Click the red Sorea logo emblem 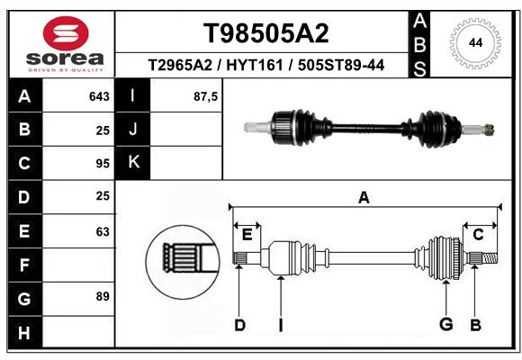(x=66, y=33)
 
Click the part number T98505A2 (x=266, y=33)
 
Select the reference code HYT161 (x=255, y=65)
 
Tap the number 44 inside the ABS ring (x=475, y=43)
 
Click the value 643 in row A (x=99, y=96)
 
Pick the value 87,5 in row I (x=205, y=96)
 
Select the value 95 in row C (x=103, y=164)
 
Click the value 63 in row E (x=103, y=231)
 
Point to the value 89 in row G (x=103, y=296)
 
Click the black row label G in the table (x=24, y=299)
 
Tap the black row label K (x=133, y=163)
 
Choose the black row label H (x=24, y=333)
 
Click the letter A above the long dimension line (x=364, y=197)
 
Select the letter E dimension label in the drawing (x=247, y=235)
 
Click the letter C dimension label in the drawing (x=478, y=235)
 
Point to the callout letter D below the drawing (x=239, y=325)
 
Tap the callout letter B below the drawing (x=476, y=325)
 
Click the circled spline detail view (x=183, y=262)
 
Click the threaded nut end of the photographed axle (x=489, y=130)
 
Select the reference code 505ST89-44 (x=341, y=65)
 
